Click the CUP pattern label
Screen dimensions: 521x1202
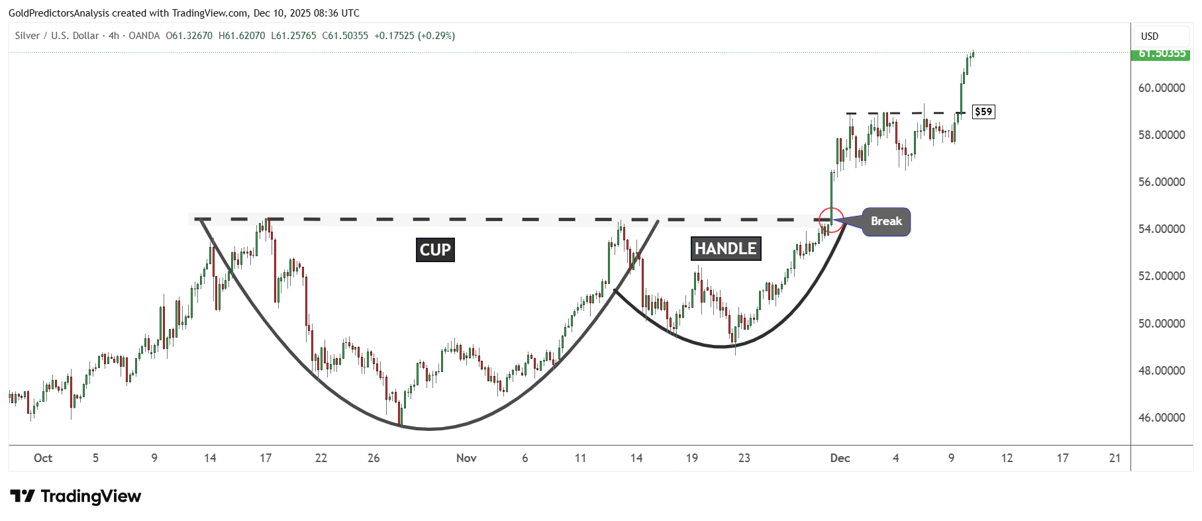[435, 250]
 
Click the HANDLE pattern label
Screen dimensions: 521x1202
[725, 248]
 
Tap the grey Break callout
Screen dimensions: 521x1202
[886, 222]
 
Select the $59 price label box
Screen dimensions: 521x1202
[983, 112]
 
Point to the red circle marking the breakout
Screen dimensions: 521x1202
[831, 220]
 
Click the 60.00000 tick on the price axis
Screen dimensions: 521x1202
[1162, 88]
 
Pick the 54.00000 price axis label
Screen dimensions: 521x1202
[1162, 229]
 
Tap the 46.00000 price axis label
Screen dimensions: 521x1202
[1162, 418]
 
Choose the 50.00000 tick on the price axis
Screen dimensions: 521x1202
[1162, 324]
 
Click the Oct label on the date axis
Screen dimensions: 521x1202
[43, 458]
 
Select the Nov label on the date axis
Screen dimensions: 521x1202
[466, 458]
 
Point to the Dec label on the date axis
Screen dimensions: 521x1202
[840, 458]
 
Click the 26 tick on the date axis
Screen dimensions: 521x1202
[374, 458]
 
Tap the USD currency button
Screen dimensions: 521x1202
[1150, 36]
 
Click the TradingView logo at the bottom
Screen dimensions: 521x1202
[76, 497]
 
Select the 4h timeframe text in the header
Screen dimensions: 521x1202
[114, 36]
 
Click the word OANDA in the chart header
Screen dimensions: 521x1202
[144, 36]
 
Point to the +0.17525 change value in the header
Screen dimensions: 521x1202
[394, 36]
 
